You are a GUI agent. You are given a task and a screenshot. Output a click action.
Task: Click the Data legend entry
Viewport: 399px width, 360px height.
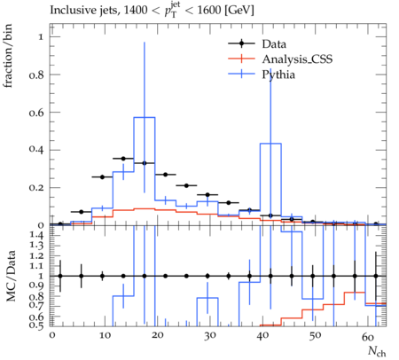click(274, 44)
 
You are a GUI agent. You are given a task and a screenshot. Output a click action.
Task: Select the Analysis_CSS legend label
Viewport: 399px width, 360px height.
click(297, 59)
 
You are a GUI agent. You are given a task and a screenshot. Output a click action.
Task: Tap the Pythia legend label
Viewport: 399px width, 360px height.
click(278, 74)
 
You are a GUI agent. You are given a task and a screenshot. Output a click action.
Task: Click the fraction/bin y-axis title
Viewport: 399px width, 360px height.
click(8, 56)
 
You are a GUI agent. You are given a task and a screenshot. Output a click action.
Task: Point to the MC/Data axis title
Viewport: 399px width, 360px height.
click(11, 276)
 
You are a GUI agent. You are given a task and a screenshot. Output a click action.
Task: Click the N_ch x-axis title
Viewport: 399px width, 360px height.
click(377, 351)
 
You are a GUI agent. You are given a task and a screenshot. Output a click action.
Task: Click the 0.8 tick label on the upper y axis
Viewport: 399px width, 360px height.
click(36, 74)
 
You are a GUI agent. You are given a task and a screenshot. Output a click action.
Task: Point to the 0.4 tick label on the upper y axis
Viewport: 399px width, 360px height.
click(36, 150)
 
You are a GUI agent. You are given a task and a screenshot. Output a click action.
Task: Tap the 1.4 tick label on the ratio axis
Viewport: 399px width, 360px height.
click(36, 235)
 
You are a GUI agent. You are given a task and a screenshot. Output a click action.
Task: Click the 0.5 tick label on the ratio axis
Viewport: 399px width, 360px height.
click(36, 325)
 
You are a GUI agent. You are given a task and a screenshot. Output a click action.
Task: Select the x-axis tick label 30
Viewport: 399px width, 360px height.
click(210, 336)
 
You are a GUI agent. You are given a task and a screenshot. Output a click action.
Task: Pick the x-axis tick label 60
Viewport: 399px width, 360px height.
click(368, 337)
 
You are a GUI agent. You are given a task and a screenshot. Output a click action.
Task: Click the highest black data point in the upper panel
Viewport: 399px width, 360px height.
click(123, 159)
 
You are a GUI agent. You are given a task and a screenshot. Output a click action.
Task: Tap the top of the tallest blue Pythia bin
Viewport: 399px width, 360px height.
click(145, 117)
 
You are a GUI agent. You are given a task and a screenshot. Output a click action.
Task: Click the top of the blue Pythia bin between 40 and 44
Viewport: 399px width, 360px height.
click(270, 144)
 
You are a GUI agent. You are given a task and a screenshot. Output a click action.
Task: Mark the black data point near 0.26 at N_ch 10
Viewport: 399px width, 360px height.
click(102, 177)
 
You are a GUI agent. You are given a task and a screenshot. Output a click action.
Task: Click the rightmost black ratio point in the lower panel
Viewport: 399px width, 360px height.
click(376, 276)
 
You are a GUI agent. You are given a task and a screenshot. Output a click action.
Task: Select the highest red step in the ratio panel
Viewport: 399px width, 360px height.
click(355, 293)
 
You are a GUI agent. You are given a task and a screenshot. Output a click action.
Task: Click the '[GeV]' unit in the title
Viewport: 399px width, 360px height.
click(239, 10)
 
